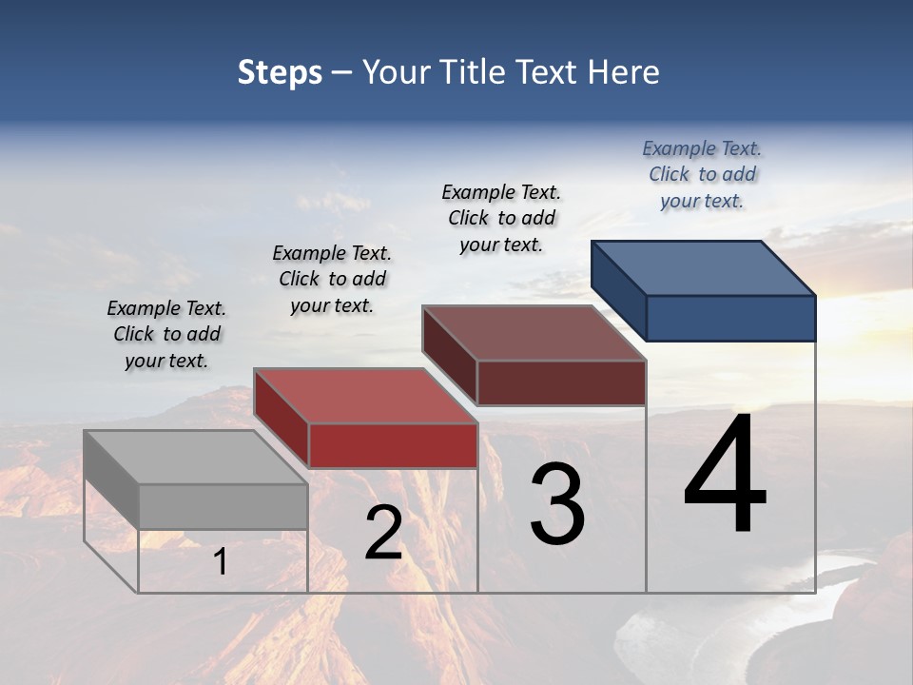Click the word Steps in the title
280,72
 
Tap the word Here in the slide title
623,72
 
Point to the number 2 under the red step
383,533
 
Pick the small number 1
221,562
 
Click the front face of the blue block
730,318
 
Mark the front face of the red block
393,445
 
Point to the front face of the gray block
223,506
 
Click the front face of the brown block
561,382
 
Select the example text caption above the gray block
166,334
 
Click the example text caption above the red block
332,279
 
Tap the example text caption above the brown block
501,218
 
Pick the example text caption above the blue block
702,174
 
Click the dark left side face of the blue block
619,290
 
